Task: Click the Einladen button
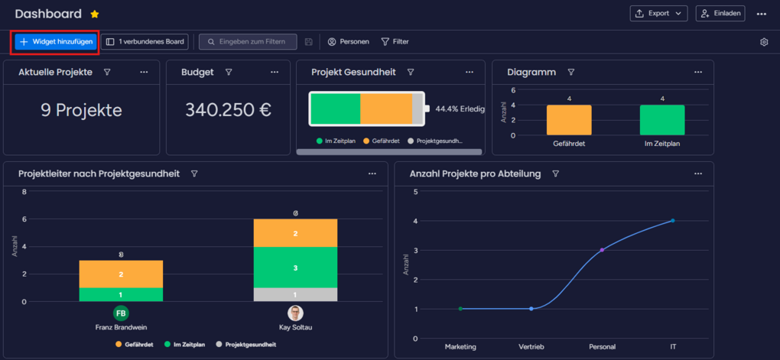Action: (x=720, y=13)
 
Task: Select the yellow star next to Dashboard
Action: (x=95, y=14)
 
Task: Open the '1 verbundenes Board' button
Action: (x=145, y=41)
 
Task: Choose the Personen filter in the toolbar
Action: (x=348, y=41)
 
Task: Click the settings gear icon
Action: (x=763, y=42)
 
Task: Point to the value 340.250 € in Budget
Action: (x=228, y=109)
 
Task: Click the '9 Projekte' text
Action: (x=81, y=109)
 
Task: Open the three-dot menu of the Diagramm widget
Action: (x=697, y=72)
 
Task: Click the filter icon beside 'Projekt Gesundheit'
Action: (x=411, y=72)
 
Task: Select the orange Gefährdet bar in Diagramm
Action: (x=569, y=120)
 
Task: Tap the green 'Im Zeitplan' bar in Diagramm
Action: (x=662, y=120)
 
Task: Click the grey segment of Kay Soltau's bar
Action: (x=295, y=294)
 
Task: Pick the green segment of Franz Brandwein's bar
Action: (x=121, y=294)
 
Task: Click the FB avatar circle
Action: (x=121, y=313)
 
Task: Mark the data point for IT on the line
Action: (x=672, y=220)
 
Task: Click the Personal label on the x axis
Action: (x=602, y=346)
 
